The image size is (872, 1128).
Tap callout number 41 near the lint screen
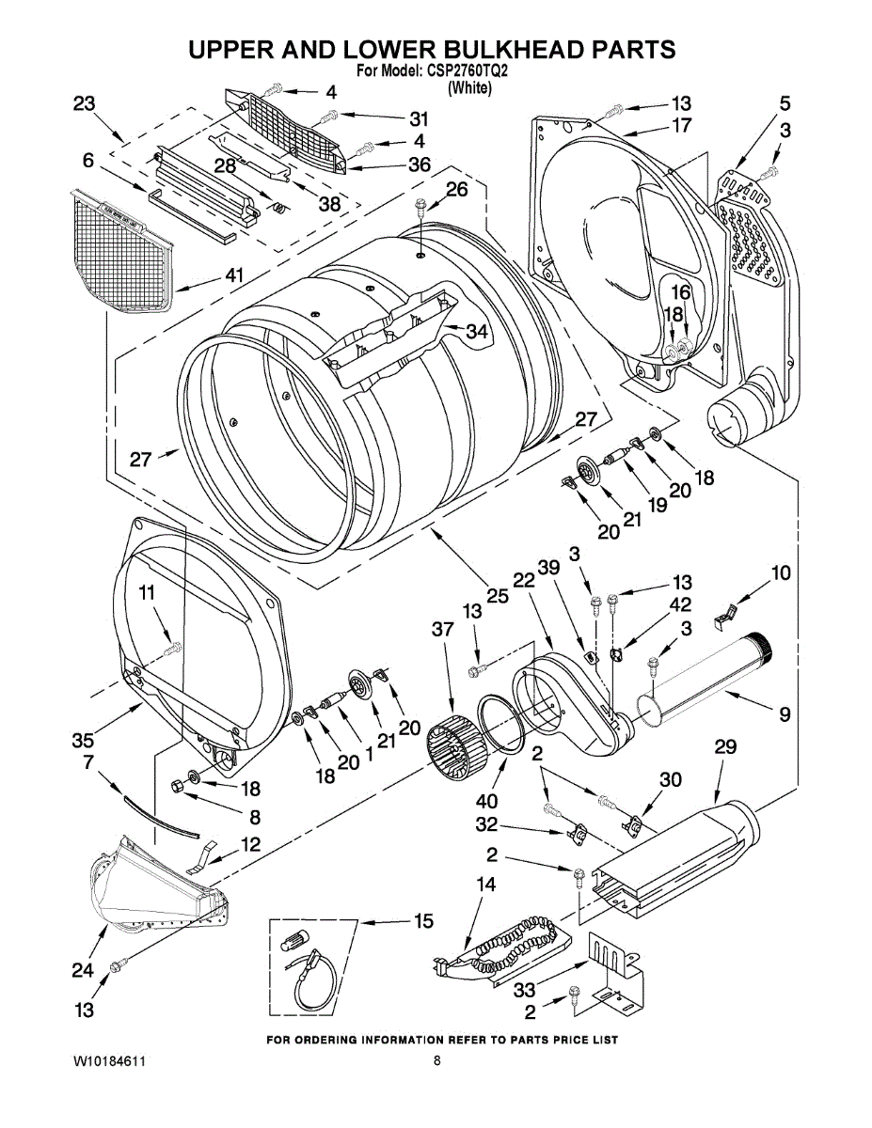click(234, 275)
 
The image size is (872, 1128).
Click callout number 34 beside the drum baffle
click(476, 331)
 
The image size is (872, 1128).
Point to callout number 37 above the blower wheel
click(442, 630)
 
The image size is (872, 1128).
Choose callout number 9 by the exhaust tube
click(785, 714)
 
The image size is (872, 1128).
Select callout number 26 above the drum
click(456, 190)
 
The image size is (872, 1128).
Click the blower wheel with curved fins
click(457, 744)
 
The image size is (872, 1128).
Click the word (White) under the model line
click(469, 87)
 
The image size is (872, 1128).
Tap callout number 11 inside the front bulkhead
click(147, 593)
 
